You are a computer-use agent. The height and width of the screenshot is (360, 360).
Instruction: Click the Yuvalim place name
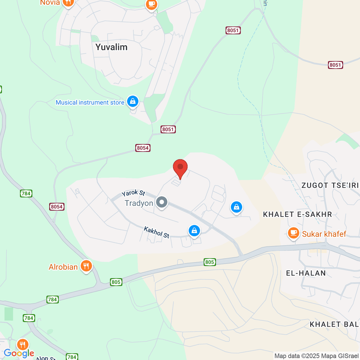111,47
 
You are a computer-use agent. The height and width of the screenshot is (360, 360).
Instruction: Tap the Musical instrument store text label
90,103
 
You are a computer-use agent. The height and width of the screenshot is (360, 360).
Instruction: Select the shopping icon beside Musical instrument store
133,101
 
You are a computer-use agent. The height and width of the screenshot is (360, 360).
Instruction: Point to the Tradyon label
139,203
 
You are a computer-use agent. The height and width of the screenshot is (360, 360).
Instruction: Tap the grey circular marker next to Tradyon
162,202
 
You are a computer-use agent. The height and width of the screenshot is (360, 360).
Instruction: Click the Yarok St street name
133,193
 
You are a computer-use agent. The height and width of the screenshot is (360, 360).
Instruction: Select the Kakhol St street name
156,232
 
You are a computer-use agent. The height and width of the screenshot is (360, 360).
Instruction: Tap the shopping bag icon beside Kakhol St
194,231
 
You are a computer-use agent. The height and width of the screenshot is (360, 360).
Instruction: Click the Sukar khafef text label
324,234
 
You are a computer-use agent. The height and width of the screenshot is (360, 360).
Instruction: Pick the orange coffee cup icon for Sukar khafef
293,233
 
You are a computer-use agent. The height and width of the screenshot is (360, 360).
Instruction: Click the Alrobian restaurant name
63,267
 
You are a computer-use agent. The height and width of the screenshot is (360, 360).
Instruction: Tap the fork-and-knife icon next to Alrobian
86,265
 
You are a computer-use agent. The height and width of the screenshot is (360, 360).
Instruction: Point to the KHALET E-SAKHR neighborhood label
297,214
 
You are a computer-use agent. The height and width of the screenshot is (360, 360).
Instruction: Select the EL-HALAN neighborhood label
306,273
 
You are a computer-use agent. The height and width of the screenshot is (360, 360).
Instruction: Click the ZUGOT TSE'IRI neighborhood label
330,185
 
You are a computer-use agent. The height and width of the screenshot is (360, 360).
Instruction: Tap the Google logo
19,353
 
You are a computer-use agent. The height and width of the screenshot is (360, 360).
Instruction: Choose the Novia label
50,3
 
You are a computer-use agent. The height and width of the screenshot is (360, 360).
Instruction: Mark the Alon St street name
46,358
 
